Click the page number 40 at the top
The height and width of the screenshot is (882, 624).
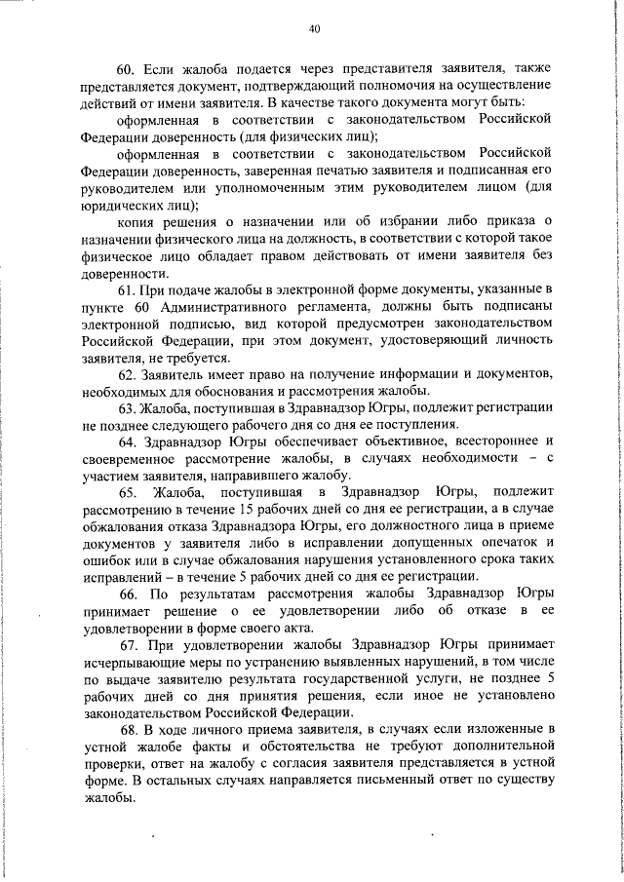313,29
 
